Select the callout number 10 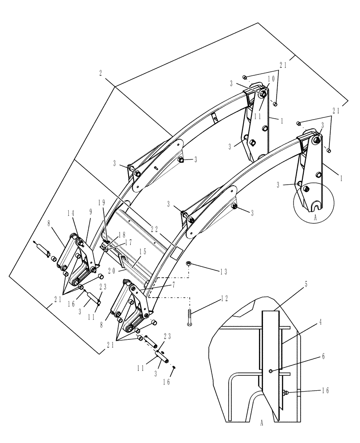tap(270, 78)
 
